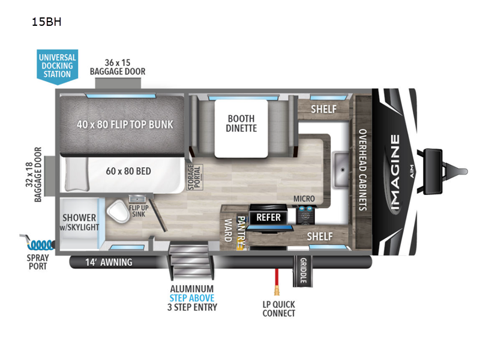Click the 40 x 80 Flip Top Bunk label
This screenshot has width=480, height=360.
[x=125, y=124]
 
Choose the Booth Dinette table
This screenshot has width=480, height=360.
[x=241, y=124]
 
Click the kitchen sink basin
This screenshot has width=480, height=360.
[x=341, y=160]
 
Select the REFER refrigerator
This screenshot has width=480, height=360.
[x=268, y=217]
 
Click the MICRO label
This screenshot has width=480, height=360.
[x=304, y=199]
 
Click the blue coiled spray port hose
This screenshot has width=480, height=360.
[x=40, y=244]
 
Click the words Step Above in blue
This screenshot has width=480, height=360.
[x=192, y=298]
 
